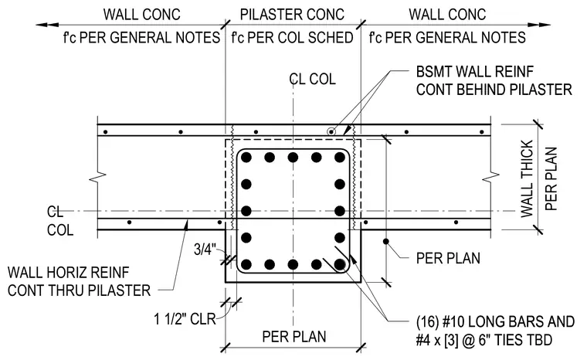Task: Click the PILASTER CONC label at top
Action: coord(292,15)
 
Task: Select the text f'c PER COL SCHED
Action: coord(292,37)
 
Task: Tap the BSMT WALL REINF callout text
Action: coord(475,72)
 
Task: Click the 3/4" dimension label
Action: coord(205,250)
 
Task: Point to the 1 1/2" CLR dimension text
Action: coord(185,319)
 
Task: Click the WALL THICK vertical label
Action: coord(527,178)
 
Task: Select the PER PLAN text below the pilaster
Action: coord(294,336)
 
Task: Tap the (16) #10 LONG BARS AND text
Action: coord(495,322)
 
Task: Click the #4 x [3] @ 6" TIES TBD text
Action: coord(484,340)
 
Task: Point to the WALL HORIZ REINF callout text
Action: coord(68,273)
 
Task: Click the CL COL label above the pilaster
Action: coord(313,80)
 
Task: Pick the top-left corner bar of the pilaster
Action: coord(246,158)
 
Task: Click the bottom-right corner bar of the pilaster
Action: coord(340,265)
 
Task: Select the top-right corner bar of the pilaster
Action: coord(340,158)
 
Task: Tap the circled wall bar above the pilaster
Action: coord(331,131)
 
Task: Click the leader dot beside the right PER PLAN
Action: coord(385,241)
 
